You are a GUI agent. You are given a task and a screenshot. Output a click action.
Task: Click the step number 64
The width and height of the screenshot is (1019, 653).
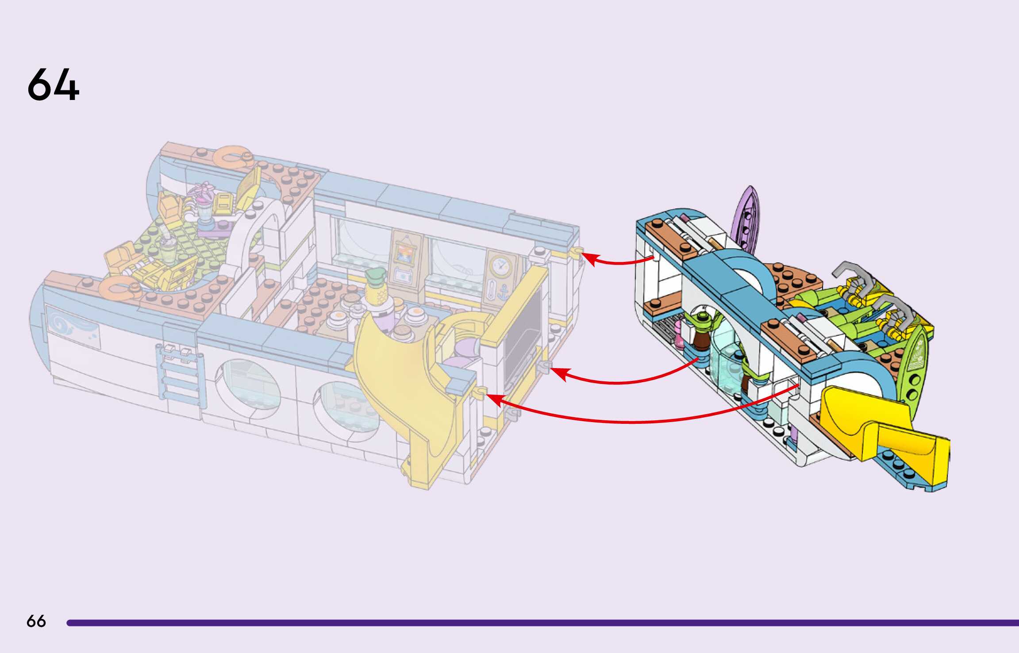tap(53, 85)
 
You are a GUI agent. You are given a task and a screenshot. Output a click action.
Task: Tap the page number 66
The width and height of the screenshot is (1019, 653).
tap(36, 621)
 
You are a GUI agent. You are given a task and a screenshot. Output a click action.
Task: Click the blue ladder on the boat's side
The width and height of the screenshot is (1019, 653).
tap(180, 376)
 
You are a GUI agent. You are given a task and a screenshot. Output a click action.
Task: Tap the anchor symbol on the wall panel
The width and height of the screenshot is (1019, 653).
tap(503, 292)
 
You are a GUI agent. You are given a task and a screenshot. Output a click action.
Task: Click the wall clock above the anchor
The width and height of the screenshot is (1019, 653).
tap(501, 266)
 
